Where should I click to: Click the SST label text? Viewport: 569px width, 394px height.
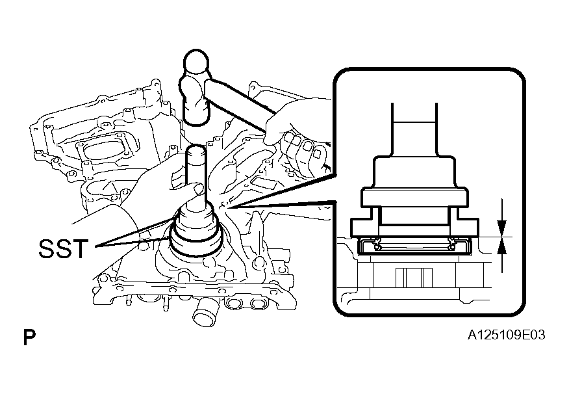point(63,248)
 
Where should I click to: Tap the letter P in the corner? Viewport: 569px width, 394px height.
point(29,337)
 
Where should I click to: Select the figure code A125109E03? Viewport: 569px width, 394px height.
point(506,335)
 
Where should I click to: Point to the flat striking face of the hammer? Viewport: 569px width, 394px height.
point(196,118)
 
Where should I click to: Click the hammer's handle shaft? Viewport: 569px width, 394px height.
point(240,105)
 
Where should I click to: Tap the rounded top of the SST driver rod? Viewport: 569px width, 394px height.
point(196,149)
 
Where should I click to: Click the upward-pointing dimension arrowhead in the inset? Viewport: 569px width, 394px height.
point(502,247)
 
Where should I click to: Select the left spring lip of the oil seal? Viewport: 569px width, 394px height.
point(377,244)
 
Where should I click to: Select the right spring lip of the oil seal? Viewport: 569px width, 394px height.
point(452,244)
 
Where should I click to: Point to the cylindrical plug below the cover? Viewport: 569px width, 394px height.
point(204,314)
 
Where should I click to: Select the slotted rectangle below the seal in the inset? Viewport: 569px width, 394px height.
point(414,277)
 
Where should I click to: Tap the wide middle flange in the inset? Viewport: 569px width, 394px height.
point(414,198)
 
